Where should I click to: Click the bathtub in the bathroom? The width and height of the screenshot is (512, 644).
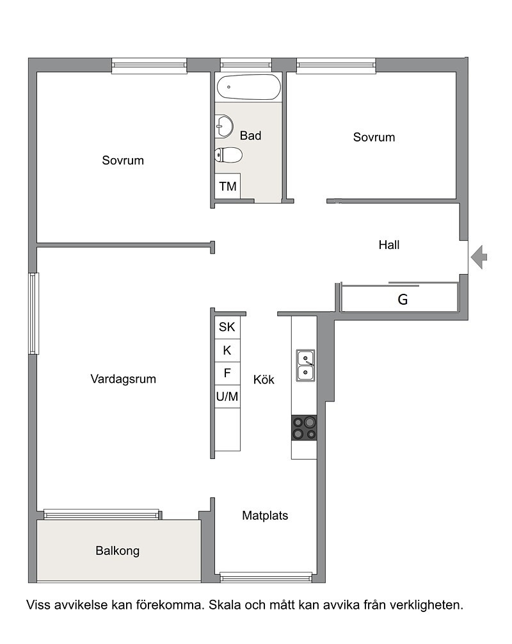pyautogui.click(x=249, y=87)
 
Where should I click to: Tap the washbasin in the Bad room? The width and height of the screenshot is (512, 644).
pyautogui.click(x=224, y=126)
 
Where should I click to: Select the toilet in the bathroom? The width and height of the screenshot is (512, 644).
pyautogui.click(x=228, y=156)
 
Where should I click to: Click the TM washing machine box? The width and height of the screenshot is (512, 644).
pyautogui.click(x=228, y=186)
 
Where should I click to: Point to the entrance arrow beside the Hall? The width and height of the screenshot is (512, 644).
pyautogui.click(x=479, y=257)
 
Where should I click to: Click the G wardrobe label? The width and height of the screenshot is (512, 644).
pyautogui.click(x=403, y=300)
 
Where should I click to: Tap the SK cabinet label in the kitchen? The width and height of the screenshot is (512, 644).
pyautogui.click(x=227, y=327)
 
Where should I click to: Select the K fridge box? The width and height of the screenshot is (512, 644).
pyautogui.click(x=227, y=350)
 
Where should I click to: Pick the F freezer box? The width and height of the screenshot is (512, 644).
pyautogui.click(x=227, y=373)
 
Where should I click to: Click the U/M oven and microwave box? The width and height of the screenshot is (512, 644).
pyautogui.click(x=227, y=396)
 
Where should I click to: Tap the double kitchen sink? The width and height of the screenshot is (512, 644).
pyautogui.click(x=305, y=366)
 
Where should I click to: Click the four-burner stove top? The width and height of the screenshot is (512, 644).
pyautogui.click(x=304, y=428)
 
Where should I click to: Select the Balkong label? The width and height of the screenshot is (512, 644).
pyautogui.click(x=117, y=551)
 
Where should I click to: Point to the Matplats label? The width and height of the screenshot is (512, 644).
pyautogui.click(x=265, y=515)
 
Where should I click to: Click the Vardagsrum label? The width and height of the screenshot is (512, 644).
pyautogui.click(x=123, y=379)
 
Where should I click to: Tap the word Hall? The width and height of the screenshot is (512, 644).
pyautogui.click(x=389, y=245)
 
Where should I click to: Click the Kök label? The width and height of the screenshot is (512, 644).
pyautogui.click(x=264, y=380)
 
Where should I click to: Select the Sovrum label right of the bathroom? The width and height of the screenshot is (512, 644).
pyautogui.click(x=374, y=137)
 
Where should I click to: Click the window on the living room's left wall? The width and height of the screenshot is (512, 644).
pyautogui.click(x=34, y=314)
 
